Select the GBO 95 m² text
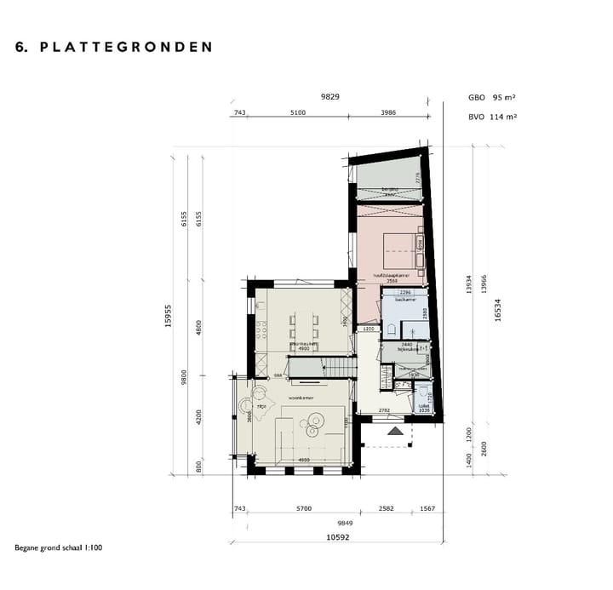coord(493,98)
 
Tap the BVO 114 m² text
coord(493,117)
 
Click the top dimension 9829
coord(329,97)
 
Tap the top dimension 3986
coord(387,112)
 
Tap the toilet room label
coord(423,406)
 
